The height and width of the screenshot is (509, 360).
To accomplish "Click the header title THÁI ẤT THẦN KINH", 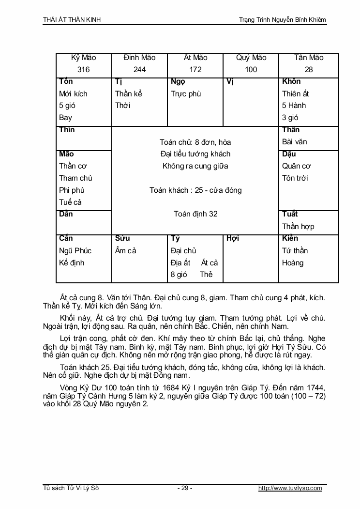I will (72, 20).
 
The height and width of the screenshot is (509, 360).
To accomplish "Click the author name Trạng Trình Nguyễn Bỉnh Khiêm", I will (283, 20).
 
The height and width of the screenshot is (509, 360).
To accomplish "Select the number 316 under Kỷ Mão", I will (83, 70).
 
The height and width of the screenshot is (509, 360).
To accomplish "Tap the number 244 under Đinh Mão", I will (139, 70).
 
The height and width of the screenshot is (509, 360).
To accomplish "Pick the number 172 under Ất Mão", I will (195, 70).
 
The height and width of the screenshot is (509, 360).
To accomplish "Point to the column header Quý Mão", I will (251, 58).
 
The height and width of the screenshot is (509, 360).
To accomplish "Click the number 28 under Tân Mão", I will (309, 70).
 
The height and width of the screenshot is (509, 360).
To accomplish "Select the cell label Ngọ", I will (178, 81).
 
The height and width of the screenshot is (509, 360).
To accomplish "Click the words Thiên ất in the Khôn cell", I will (296, 93).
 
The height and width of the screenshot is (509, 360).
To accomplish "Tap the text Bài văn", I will (295, 142).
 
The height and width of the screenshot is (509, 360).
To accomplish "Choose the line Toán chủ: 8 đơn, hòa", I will (195, 142).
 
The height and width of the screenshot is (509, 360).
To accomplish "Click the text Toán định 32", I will (195, 214).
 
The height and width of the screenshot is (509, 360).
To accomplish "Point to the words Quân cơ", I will (296, 166).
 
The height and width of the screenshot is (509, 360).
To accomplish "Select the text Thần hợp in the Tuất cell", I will (298, 226).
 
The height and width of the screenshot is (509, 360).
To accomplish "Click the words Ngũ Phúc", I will (75, 250).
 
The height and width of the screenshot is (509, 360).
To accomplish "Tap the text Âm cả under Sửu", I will (126, 250).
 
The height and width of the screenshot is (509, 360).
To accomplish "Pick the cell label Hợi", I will (233, 238).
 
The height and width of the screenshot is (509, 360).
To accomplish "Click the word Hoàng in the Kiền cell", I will (293, 262).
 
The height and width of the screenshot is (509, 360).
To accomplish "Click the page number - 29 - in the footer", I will (184, 488).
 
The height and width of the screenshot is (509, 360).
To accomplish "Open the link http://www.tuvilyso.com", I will (290, 488).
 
